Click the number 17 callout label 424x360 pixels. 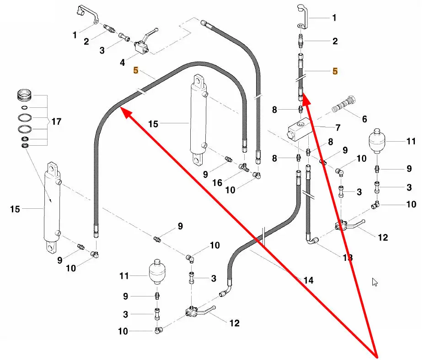(x=56, y=122)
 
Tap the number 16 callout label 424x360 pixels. (x=217, y=183)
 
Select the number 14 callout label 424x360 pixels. (x=309, y=281)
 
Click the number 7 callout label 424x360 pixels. (x=338, y=127)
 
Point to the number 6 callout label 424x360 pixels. (x=365, y=119)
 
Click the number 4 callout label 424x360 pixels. (x=122, y=63)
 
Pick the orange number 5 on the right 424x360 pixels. (x=335, y=71)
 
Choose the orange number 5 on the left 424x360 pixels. (x=136, y=70)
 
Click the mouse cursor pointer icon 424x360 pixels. (x=375, y=282)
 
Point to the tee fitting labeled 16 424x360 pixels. (x=244, y=167)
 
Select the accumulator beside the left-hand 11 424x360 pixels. (x=157, y=271)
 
